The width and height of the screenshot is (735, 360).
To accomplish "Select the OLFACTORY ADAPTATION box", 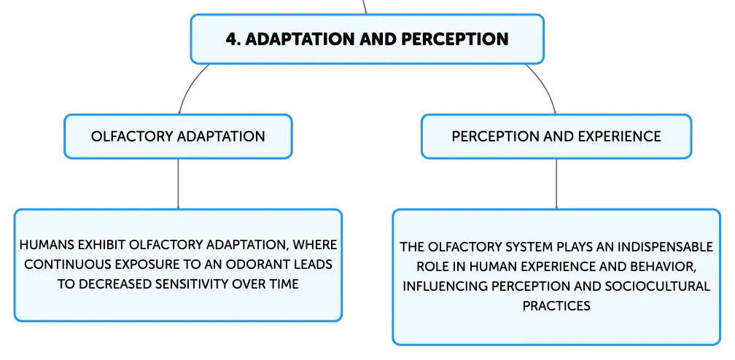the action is point(178,136).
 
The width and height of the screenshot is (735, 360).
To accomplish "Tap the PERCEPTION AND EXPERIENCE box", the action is point(556,136).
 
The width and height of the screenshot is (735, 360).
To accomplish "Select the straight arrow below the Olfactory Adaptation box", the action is point(178,184).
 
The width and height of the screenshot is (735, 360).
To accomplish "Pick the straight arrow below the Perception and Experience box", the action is point(556,184).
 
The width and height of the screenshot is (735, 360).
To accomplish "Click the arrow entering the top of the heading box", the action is point(365,7).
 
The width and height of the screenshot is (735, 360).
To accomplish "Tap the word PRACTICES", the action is point(556,305).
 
